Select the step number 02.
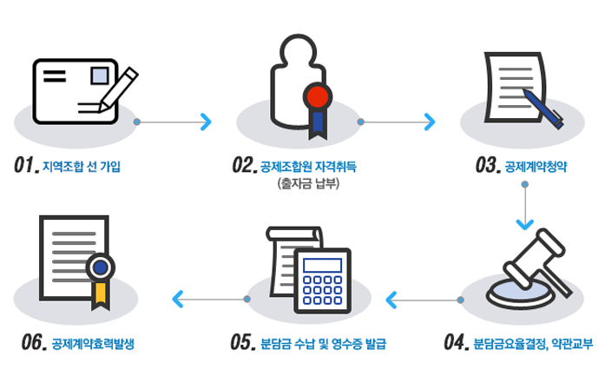[242, 165]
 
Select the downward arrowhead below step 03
[524, 225]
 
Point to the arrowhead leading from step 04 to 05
[391, 300]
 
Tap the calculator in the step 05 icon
[322, 277]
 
